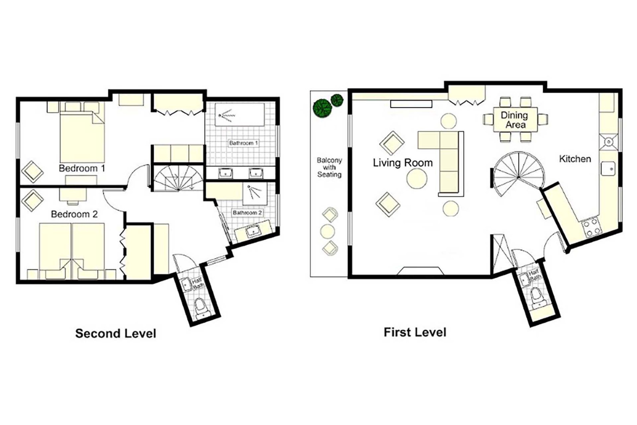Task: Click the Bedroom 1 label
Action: click(x=82, y=168)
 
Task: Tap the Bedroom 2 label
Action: click(x=74, y=214)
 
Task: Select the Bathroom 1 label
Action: click(x=243, y=143)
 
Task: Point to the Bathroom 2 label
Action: click(x=247, y=213)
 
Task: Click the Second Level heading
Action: click(x=116, y=334)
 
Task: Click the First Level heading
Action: click(x=415, y=333)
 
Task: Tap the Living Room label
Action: click(x=403, y=163)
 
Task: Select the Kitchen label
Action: click(x=575, y=159)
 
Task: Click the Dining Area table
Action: click(x=515, y=120)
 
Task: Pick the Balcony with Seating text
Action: click(x=330, y=168)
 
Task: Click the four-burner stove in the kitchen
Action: click(x=592, y=227)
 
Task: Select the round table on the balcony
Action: click(x=327, y=232)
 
